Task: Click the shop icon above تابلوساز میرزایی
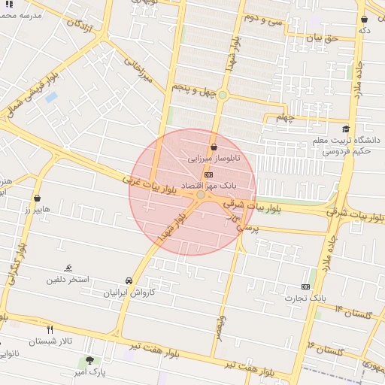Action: coord(215,147)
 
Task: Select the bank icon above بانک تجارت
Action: coord(305,286)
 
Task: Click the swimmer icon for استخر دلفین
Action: coord(69,268)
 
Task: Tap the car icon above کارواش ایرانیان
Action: coord(129,280)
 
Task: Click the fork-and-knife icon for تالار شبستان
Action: coord(50,329)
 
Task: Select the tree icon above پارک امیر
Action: coord(90,361)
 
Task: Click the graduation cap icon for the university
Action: coord(345,129)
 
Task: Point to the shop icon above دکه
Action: coord(365,20)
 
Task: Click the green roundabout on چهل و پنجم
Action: coord(223,95)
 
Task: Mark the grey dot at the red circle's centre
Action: coord(201,195)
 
